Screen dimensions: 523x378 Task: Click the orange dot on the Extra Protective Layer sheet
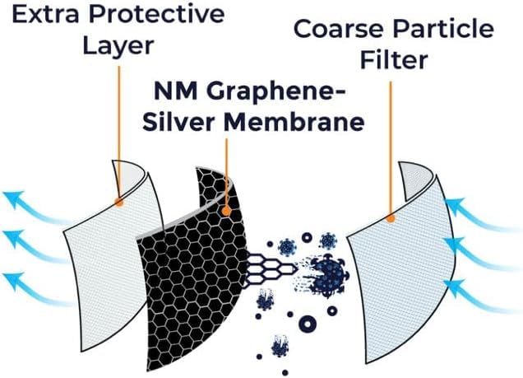(x=120, y=200)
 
